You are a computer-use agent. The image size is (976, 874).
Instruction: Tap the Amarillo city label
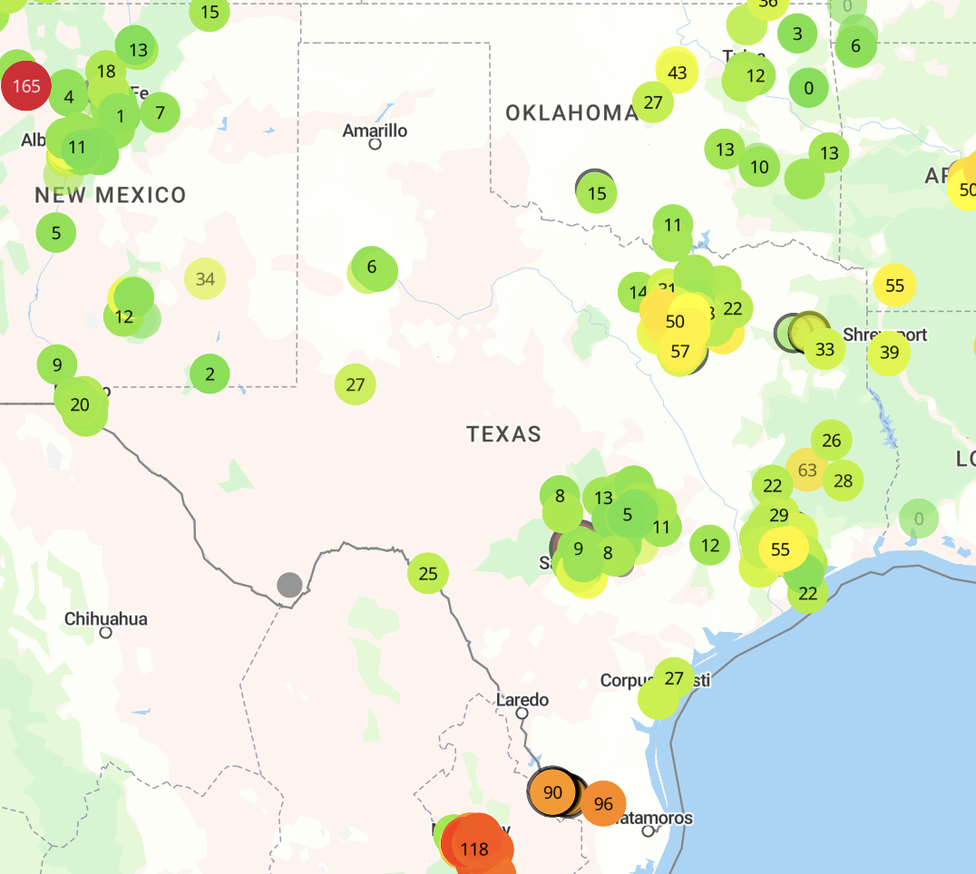tap(375, 131)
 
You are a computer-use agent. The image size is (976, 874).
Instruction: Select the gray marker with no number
tap(289, 585)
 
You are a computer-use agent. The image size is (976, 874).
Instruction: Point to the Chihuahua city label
tap(105, 619)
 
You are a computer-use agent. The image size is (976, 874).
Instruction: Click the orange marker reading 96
tap(603, 803)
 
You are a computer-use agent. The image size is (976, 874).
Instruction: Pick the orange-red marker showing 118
tap(474, 850)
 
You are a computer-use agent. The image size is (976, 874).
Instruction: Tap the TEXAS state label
tap(504, 434)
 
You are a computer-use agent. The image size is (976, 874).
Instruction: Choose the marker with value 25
tap(428, 573)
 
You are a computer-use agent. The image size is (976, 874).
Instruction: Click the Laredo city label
tap(522, 699)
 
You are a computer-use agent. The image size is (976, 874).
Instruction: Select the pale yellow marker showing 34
tap(205, 278)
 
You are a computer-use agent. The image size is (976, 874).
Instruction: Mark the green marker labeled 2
tap(210, 374)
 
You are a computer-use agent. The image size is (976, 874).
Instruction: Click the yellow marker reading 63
tap(807, 471)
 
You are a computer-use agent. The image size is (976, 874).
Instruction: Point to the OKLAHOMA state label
tap(571, 112)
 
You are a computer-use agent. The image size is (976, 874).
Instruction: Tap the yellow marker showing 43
tap(677, 73)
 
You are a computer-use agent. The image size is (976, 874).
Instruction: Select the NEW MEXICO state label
tap(111, 195)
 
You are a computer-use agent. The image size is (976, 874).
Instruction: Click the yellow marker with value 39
tap(889, 353)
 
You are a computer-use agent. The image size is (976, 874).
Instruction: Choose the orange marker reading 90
tap(552, 792)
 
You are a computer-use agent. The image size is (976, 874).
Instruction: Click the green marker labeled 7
tap(161, 113)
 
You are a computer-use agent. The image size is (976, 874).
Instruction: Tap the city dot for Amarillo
tap(375, 143)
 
